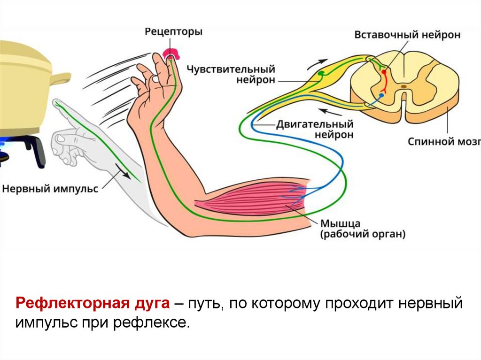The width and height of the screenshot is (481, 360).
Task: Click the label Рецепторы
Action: pos(173,32)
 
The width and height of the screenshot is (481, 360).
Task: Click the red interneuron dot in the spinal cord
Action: pos(384,72)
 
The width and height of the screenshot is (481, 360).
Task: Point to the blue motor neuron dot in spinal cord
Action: pos(381,95)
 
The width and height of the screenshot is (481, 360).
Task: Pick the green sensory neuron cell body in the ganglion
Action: pos(321,73)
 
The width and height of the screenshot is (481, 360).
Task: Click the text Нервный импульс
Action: pos(50,189)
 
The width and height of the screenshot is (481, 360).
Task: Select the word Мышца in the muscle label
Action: pos(341,223)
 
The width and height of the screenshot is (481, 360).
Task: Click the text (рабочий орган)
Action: pos(363,234)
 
